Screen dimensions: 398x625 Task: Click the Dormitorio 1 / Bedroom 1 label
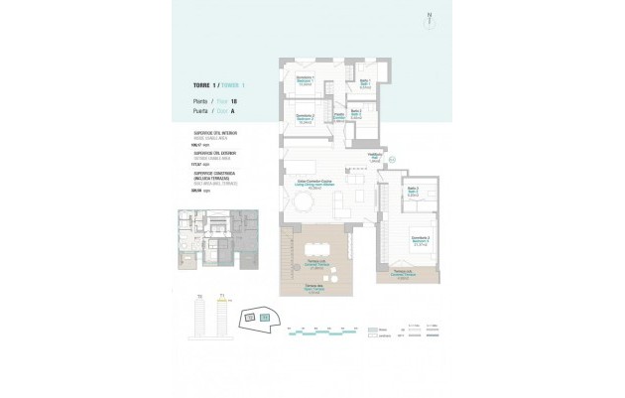point(306,80)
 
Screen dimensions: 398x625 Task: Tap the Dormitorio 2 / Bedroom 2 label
point(306,117)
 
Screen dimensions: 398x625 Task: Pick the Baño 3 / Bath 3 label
point(414,193)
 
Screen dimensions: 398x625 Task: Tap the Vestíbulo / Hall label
point(376,157)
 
